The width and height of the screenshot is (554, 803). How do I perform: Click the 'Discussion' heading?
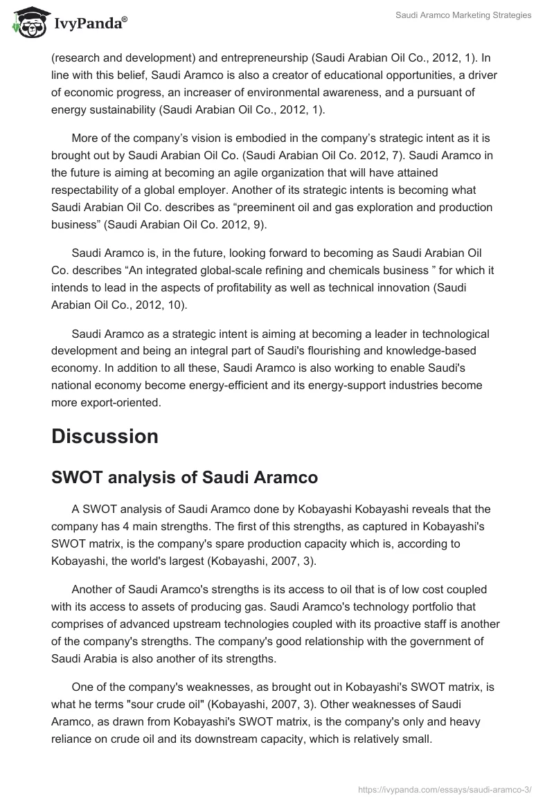[x=105, y=436]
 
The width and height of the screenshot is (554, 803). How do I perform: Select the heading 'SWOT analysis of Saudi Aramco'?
[x=185, y=478]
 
